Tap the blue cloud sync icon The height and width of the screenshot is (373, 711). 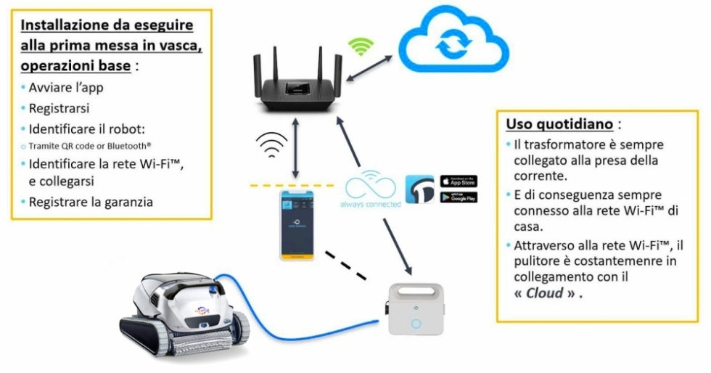(448, 44)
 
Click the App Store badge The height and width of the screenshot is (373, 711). (459, 181)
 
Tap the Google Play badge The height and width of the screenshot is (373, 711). (459, 197)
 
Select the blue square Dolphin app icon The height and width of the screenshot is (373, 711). (419, 189)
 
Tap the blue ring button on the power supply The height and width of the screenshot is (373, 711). (416, 324)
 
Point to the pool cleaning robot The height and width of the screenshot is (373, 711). (181, 308)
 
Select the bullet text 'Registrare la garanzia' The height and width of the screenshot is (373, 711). (91, 202)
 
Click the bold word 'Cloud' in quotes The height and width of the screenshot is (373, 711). (543, 294)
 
